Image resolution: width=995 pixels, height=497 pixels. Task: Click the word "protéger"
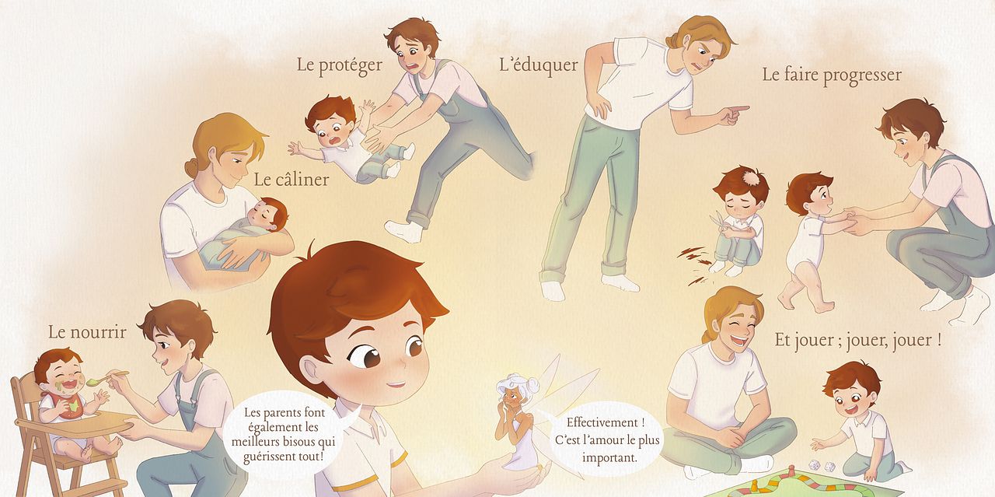click(x=351, y=65)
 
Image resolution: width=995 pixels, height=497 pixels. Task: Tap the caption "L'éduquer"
click(x=539, y=65)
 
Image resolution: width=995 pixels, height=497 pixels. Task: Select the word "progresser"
click(x=862, y=75)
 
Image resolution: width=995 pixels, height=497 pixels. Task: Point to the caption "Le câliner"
click(x=292, y=180)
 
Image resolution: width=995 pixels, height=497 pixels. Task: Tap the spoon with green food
click(x=106, y=378)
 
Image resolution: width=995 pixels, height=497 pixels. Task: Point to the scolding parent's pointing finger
click(x=737, y=108)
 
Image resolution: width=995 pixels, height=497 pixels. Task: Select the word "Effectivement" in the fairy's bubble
click(x=602, y=422)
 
